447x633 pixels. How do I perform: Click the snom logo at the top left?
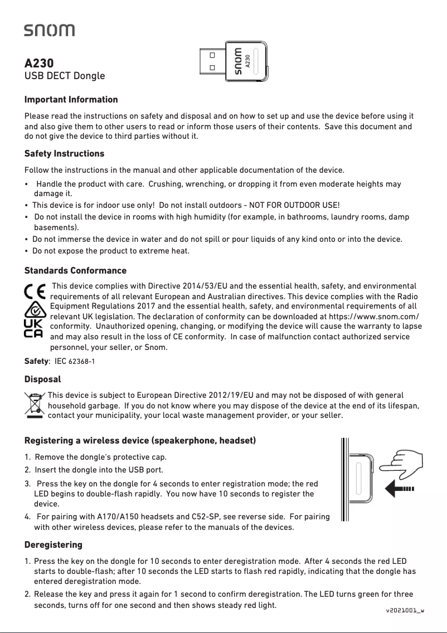(x=49, y=30)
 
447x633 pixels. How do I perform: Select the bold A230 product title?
(x=39, y=62)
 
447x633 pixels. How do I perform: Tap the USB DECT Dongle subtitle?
(x=64, y=75)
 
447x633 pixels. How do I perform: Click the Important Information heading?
(x=71, y=100)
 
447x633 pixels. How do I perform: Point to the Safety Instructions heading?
(x=64, y=153)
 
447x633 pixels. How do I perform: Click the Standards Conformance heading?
(x=75, y=271)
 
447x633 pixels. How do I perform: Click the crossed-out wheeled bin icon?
(x=35, y=405)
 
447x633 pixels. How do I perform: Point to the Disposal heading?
(x=42, y=379)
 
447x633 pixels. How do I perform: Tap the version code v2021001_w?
(x=405, y=610)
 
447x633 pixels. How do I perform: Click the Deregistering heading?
(x=53, y=544)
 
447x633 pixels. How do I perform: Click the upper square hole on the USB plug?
(x=212, y=55)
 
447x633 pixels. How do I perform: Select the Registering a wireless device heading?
(x=140, y=441)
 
